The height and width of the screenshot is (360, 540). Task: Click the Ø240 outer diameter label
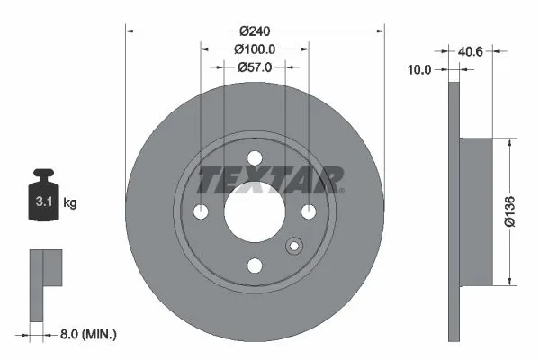pos(255,31)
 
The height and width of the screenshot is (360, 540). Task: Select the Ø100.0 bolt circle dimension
pos(255,49)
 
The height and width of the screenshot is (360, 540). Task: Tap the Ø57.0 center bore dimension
pos(255,67)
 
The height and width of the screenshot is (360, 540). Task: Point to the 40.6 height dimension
pos(471,51)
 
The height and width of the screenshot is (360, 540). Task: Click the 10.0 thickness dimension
pos(419,70)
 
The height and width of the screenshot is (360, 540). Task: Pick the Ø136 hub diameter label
pos(509,211)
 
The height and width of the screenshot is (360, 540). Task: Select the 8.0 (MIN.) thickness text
pos(88,334)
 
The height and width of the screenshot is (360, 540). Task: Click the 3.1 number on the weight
pos(44,202)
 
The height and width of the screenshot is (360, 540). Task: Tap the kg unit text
pos(70,202)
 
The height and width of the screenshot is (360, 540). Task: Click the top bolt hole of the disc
pos(255,158)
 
